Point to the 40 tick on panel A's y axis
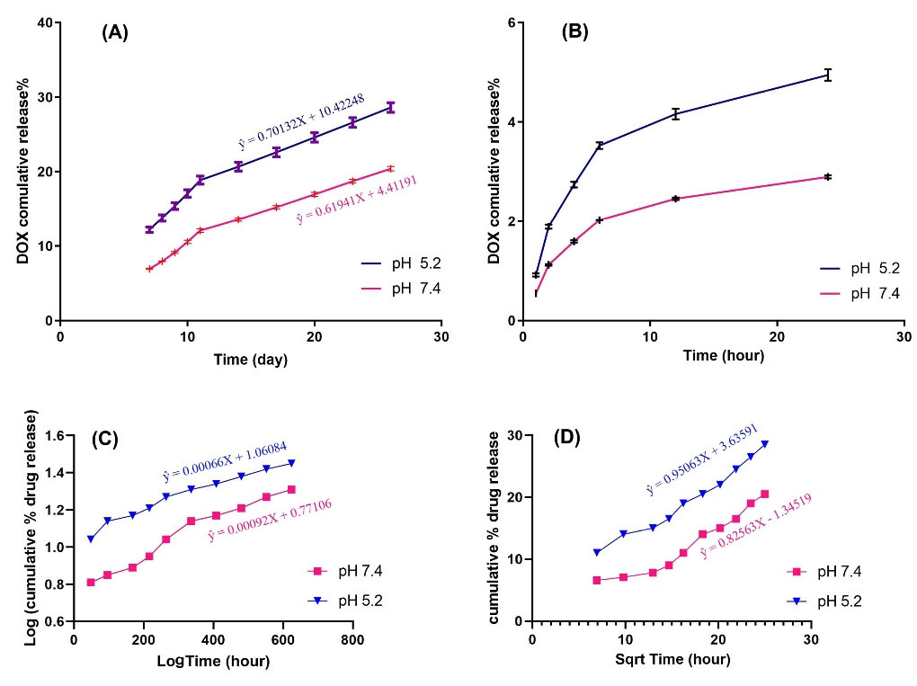tap(43, 22)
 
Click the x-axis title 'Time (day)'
tap(250, 360)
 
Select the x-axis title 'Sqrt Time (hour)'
tap(672, 660)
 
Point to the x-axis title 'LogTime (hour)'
tap(212, 661)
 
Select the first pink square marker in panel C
tap(91, 583)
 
